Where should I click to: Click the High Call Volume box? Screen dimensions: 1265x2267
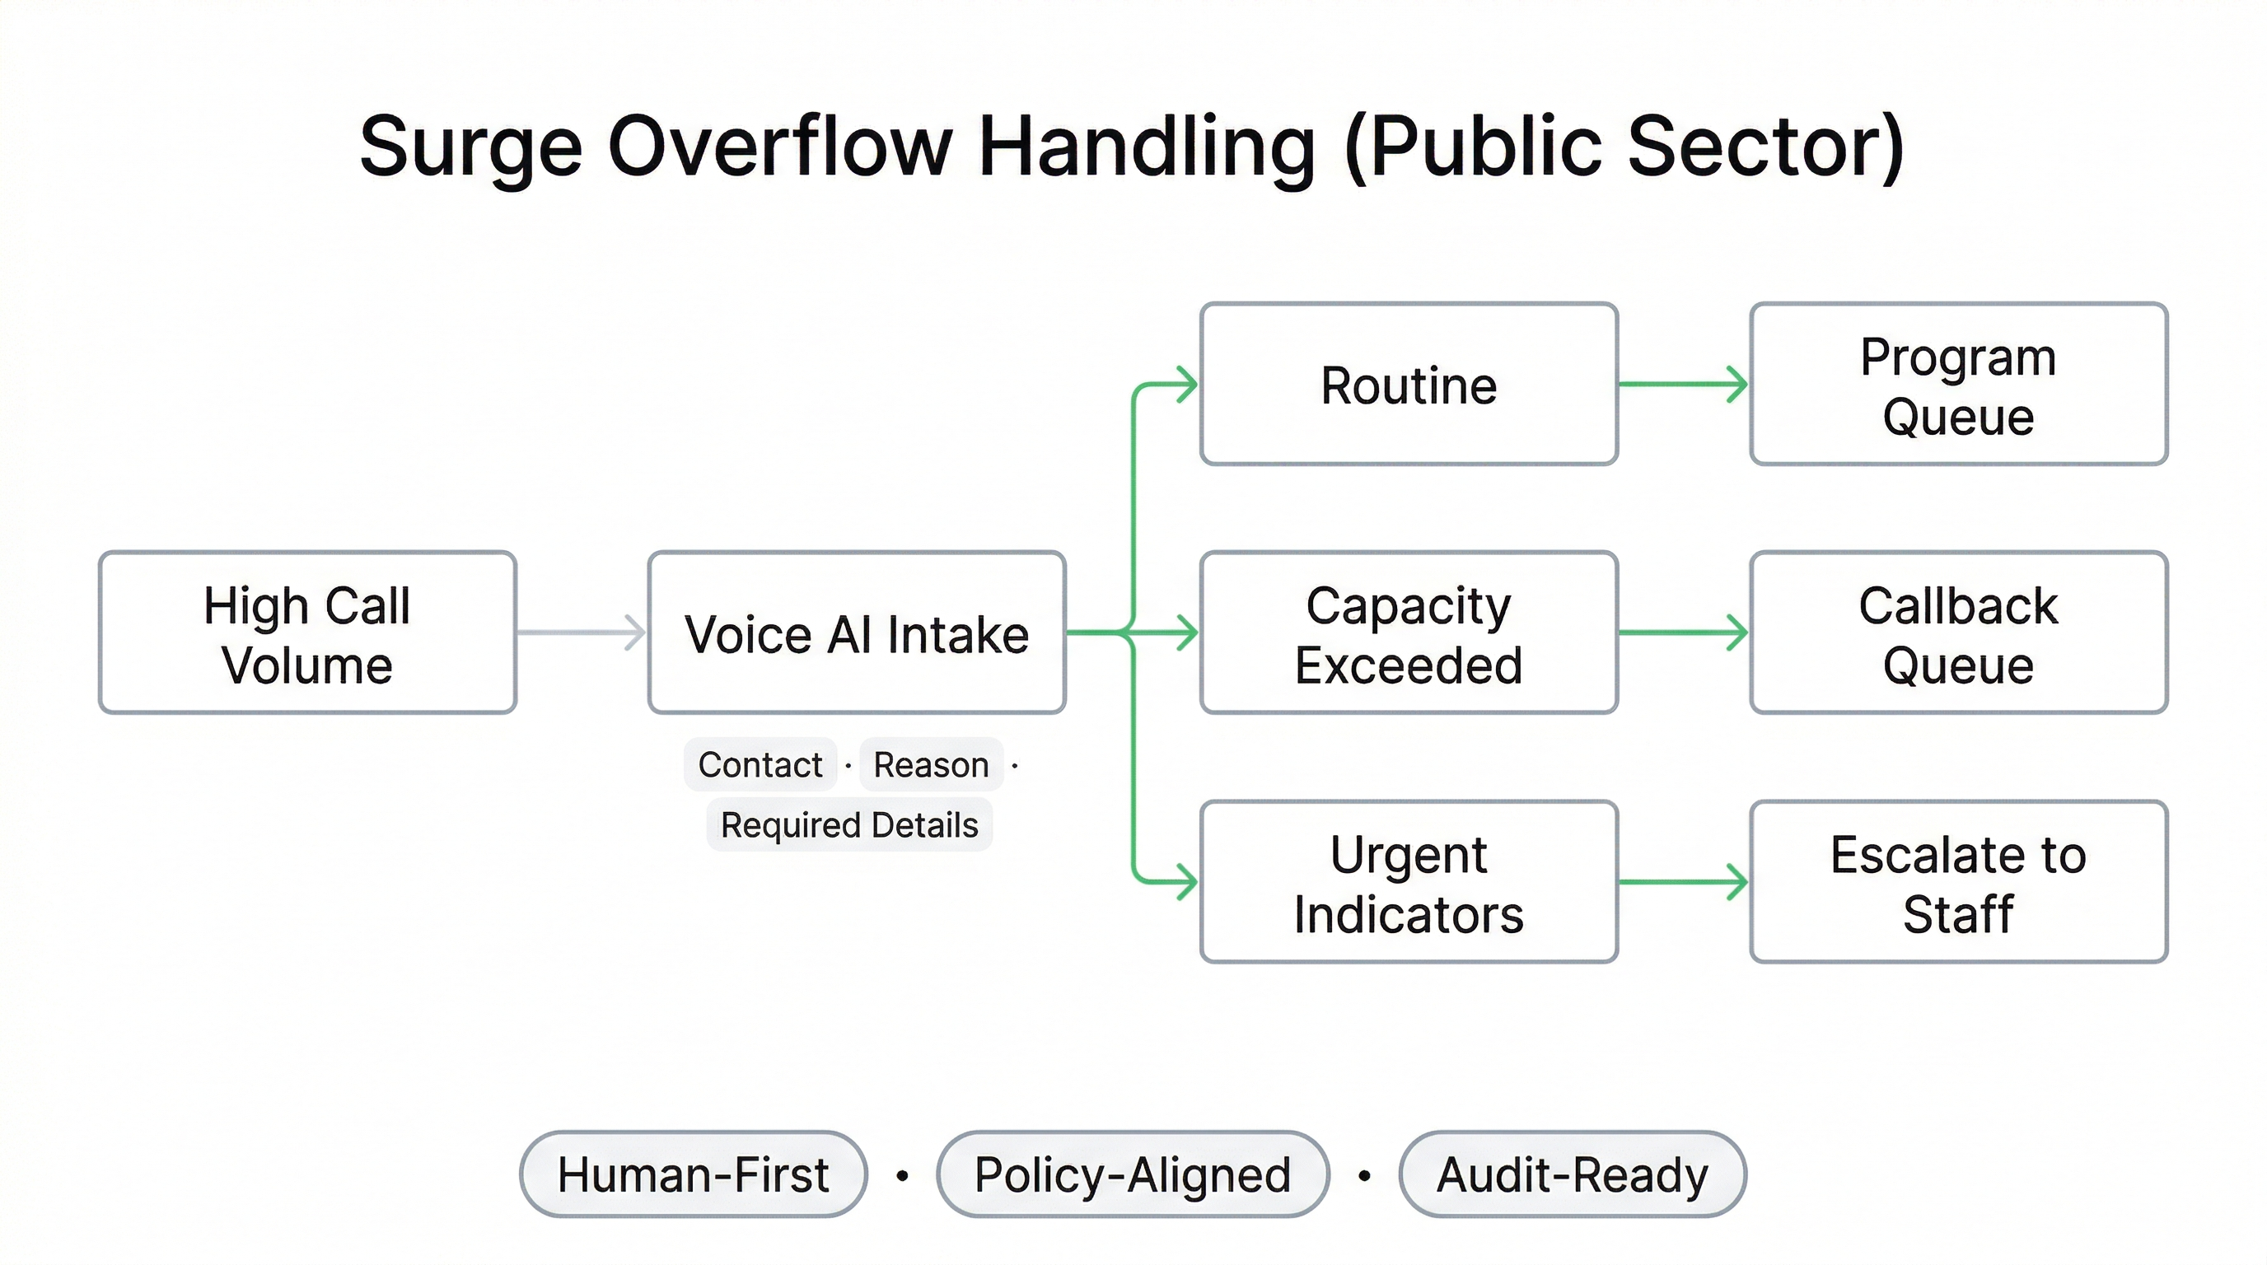[x=307, y=632]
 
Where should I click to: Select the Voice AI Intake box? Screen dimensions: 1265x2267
[x=856, y=632]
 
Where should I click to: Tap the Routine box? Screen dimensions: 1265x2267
[x=1408, y=385]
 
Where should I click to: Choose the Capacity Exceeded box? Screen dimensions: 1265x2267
[x=1408, y=632]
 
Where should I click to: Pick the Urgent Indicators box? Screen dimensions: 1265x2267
[x=1408, y=881]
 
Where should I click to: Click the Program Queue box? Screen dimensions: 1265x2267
[x=1958, y=385]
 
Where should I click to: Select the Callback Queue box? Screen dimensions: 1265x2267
[x=1958, y=632]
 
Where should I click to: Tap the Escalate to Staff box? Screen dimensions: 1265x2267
[x=1958, y=881]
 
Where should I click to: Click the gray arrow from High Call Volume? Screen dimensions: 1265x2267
[x=581, y=632]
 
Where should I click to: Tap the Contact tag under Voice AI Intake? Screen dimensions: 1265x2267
[x=760, y=764]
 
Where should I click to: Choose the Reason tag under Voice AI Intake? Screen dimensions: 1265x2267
[x=930, y=764]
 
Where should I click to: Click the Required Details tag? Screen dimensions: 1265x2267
[x=848, y=825]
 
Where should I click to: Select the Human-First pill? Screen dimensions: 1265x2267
[x=693, y=1174]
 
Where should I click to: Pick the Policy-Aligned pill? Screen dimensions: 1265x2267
[x=1133, y=1174]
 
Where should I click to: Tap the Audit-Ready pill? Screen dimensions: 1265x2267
[x=1572, y=1174]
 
